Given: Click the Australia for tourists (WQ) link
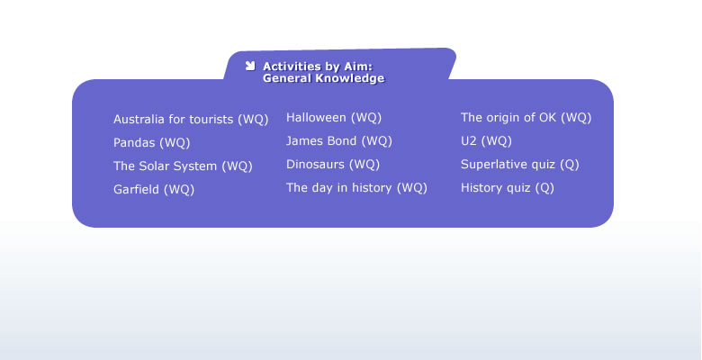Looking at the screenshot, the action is (x=191, y=120).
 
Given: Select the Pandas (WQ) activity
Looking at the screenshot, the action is (x=152, y=143).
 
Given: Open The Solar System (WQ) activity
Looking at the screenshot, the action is (x=183, y=166).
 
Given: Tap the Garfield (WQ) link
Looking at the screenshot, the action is (x=154, y=189).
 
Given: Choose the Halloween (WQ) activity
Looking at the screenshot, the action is (x=334, y=118).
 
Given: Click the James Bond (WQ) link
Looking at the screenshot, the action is (x=339, y=141).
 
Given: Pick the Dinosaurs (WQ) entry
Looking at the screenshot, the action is (x=333, y=165).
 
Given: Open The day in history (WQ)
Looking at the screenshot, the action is (x=356, y=187).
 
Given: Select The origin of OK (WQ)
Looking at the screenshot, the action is (x=526, y=118).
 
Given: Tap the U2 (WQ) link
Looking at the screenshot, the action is (x=486, y=141).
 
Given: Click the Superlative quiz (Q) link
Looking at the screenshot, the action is (x=520, y=165).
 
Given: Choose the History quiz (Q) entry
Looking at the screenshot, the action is (x=508, y=187).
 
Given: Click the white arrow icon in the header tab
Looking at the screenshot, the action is (x=250, y=66).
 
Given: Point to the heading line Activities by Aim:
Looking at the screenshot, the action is (x=318, y=67).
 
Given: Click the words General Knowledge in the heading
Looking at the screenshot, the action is (x=324, y=78).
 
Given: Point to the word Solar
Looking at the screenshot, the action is (x=155, y=166).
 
